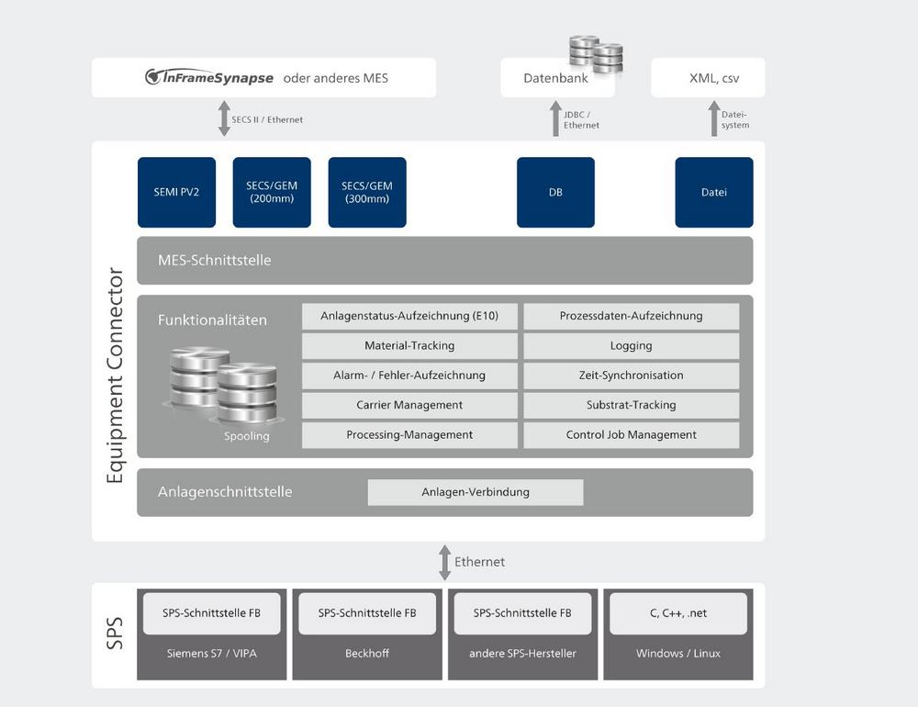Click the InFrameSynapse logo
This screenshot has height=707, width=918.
[209, 78]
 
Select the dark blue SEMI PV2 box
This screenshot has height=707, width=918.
[176, 192]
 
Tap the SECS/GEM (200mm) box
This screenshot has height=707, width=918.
[272, 192]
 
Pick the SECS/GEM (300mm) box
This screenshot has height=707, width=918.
[367, 192]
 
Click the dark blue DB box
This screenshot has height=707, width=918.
[555, 192]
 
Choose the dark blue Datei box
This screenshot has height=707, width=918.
[714, 192]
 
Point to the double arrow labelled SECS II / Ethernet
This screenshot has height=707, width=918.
[224, 119]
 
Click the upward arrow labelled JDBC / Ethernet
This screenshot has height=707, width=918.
[555, 119]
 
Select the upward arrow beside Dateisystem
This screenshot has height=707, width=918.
[714, 119]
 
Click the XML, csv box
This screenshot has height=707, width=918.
[708, 78]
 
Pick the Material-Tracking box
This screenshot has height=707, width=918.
[409, 346]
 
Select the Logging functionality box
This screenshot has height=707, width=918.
[632, 346]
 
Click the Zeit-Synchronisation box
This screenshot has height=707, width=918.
[632, 376]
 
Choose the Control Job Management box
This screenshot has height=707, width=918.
[632, 435]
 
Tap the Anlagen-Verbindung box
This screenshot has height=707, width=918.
[476, 492]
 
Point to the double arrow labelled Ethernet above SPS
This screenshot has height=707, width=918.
[444, 562]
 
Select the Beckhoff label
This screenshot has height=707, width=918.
[366, 654]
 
